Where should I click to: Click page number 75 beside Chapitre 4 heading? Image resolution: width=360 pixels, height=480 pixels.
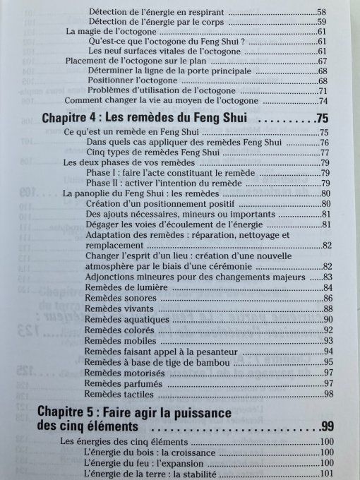click(324, 117)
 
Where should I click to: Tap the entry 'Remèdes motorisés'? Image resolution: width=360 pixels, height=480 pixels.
click(120, 372)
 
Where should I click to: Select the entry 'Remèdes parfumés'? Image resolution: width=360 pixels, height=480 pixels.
click(119, 383)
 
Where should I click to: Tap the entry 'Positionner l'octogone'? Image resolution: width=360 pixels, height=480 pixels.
click(133, 80)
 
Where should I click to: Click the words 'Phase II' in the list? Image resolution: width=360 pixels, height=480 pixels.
click(100, 184)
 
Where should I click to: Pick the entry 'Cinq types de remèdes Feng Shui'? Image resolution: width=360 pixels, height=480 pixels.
click(155, 152)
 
